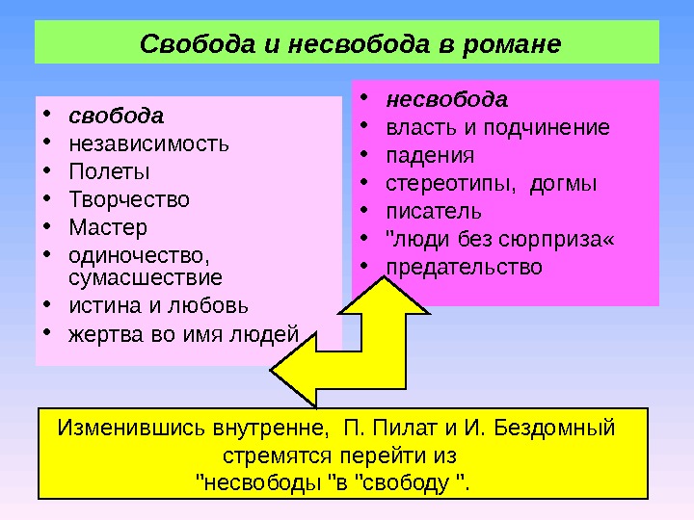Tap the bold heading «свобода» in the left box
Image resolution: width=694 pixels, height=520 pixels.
tap(116, 117)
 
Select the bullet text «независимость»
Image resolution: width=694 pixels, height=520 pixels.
tap(148, 144)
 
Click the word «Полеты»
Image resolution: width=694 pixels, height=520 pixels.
tap(109, 172)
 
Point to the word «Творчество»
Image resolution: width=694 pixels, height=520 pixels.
tap(129, 200)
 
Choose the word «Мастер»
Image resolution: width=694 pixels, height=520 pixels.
tap(108, 228)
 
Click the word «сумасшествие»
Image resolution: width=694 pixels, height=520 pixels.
tap(145, 278)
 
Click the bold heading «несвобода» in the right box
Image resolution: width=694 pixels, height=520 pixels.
tap(446, 99)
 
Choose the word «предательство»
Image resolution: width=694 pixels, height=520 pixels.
tap(465, 266)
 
